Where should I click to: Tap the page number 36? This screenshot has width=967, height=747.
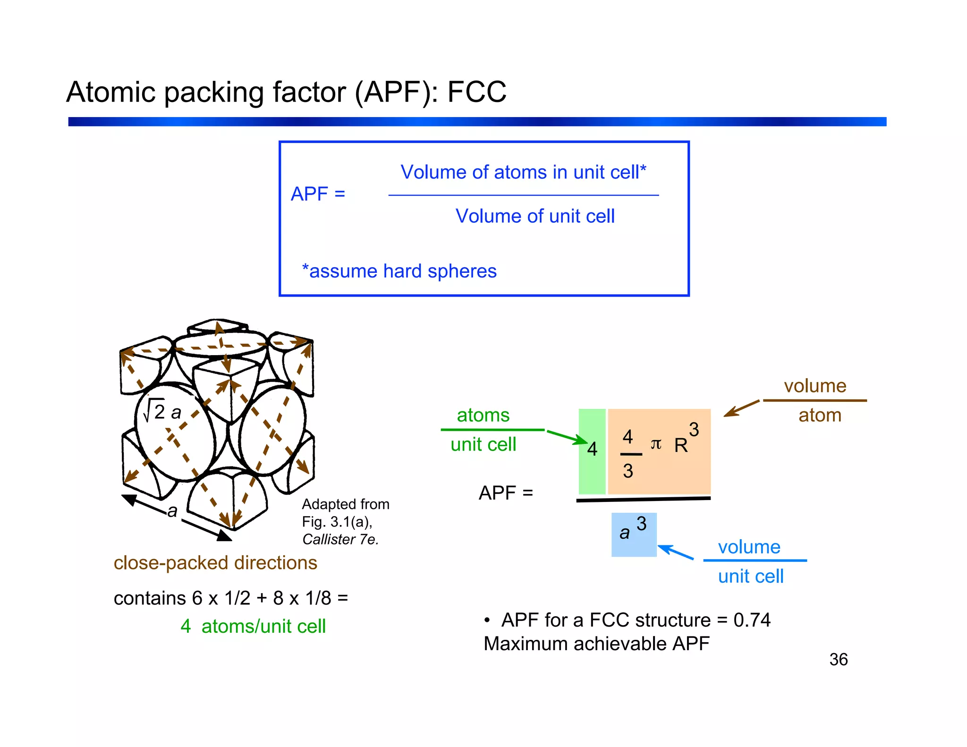coord(838,659)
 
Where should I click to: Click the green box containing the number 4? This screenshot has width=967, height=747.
coord(592,451)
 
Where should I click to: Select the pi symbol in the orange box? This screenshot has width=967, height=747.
coord(656,444)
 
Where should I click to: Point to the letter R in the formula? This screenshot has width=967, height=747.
coord(680,445)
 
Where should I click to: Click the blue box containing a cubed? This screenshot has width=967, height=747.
coord(634,535)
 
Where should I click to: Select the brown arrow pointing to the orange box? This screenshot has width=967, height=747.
coord(741,408)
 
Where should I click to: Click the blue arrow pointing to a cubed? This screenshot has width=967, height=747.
coord(675,552)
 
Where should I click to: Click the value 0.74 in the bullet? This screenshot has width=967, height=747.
coord(752,620)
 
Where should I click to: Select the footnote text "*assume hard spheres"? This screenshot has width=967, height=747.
coord(399,271)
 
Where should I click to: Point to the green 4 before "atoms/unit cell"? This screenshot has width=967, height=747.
coord(186,627)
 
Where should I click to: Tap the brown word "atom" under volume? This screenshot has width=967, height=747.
coord(820,416)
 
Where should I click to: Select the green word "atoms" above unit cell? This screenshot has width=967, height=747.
coord(483,416)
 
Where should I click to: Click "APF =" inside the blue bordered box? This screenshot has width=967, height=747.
coord(318,194)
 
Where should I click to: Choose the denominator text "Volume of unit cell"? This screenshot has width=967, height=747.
coord(535,216)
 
